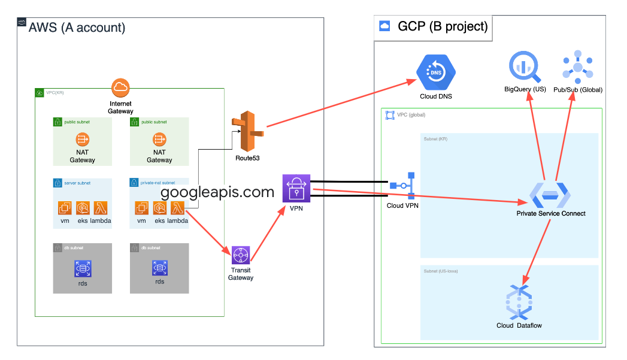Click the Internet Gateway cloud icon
coord(120,88)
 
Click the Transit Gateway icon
coord(241,255)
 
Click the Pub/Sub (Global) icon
coord(578,68)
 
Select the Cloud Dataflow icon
coord(519,302)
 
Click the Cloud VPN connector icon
coord(402,186)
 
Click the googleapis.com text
coord(218,192)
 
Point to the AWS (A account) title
coord(77,28)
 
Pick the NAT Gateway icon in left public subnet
coord(82,140)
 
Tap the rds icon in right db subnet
coord(159,267)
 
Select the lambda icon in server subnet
coord(100,208)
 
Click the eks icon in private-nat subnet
coord(159,208)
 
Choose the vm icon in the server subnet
coord(65,208)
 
